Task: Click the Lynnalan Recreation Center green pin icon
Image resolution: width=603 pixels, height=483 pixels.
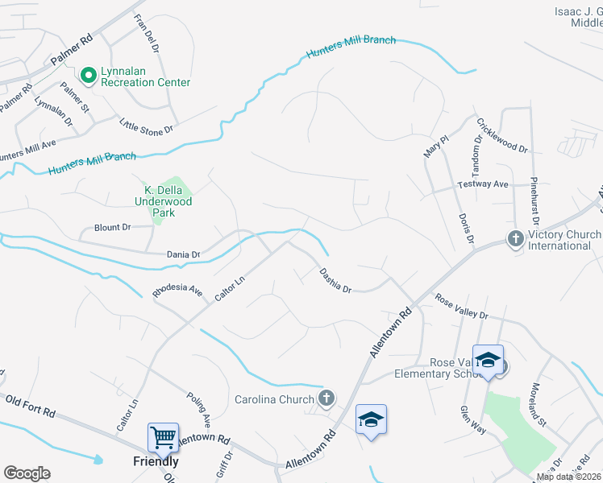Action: click(89, 75)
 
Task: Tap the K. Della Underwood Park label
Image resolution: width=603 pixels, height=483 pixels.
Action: click(164, 201)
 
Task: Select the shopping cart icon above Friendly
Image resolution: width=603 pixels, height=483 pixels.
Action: click(163, 438)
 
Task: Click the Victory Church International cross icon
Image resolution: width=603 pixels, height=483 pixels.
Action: click(514, 238)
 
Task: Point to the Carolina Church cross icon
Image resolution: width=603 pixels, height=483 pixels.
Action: click(326, 398)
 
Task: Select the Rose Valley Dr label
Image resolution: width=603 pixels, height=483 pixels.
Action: click(461, 306)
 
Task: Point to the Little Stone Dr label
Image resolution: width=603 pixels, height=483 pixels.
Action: click(147, 126)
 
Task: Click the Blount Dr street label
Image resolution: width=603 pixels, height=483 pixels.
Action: click(112, 228)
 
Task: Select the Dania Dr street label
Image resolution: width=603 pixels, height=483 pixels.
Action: click(183, 254)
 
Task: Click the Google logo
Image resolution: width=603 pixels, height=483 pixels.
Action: click(27, 473)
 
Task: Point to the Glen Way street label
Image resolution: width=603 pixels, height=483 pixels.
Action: click(473, 419)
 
